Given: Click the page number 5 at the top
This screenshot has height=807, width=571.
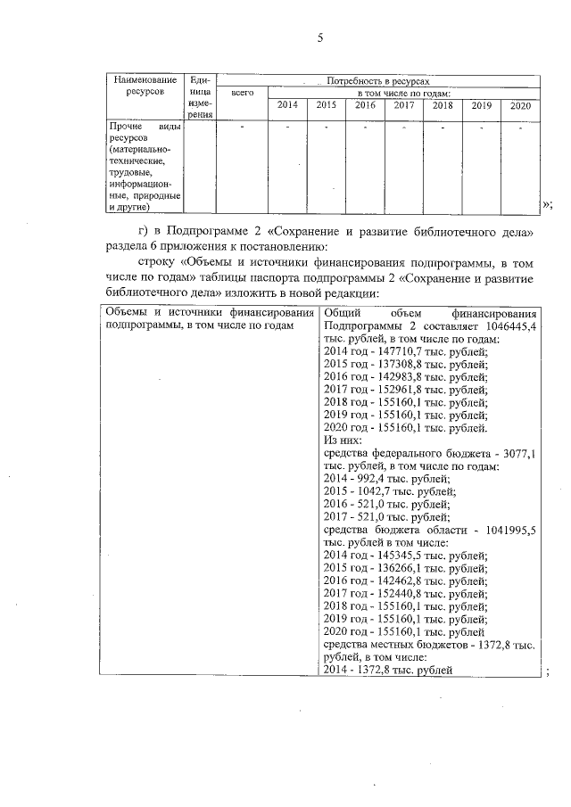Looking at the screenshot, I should (x=319, y=37).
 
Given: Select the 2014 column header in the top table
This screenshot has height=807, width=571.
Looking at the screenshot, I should (x=287, y=105).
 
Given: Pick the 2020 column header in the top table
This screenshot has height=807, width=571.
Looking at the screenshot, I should (x=520, y=105).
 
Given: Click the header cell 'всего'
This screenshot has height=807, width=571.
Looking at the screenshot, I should (x=243, y=93).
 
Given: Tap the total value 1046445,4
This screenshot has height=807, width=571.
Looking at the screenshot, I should (x=503, y=327).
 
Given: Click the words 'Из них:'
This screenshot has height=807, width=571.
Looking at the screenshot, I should (x=342, y=441).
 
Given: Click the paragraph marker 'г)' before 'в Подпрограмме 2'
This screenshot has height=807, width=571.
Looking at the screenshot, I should (x=146, y=233).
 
